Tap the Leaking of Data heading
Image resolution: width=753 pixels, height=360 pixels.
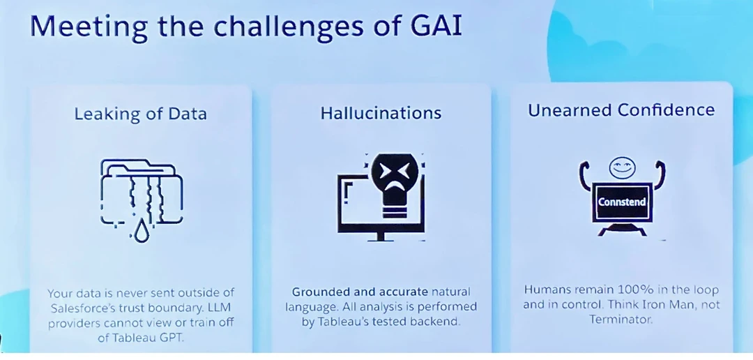point(140,114)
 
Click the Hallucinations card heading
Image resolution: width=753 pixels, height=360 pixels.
point(381,113)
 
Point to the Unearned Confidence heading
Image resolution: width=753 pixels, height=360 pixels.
point(621,110)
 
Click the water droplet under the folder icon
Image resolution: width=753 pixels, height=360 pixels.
point(141,232)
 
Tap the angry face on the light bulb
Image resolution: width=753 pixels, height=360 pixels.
point(394,173)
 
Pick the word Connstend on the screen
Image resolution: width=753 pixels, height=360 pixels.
point(622,202)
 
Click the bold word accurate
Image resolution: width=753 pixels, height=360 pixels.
point(404,292)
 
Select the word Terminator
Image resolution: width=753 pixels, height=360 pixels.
point(620,319)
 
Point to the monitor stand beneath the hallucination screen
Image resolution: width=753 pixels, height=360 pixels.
point(381,237)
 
